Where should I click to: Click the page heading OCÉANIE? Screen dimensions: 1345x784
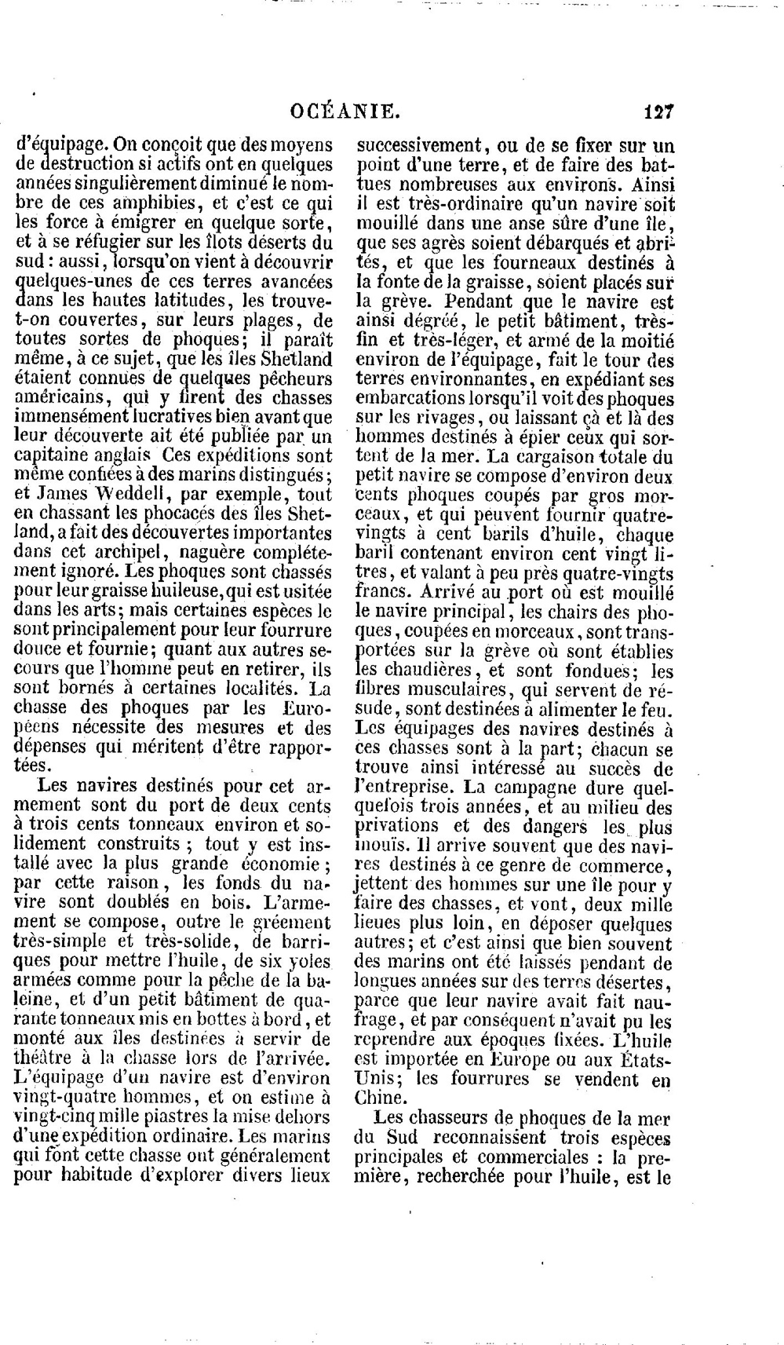coord(345,111)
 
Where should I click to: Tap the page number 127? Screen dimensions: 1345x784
coord(658,111)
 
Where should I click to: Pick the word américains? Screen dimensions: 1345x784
coord(60,397)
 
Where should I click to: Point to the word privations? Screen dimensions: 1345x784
coord(403,825)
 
